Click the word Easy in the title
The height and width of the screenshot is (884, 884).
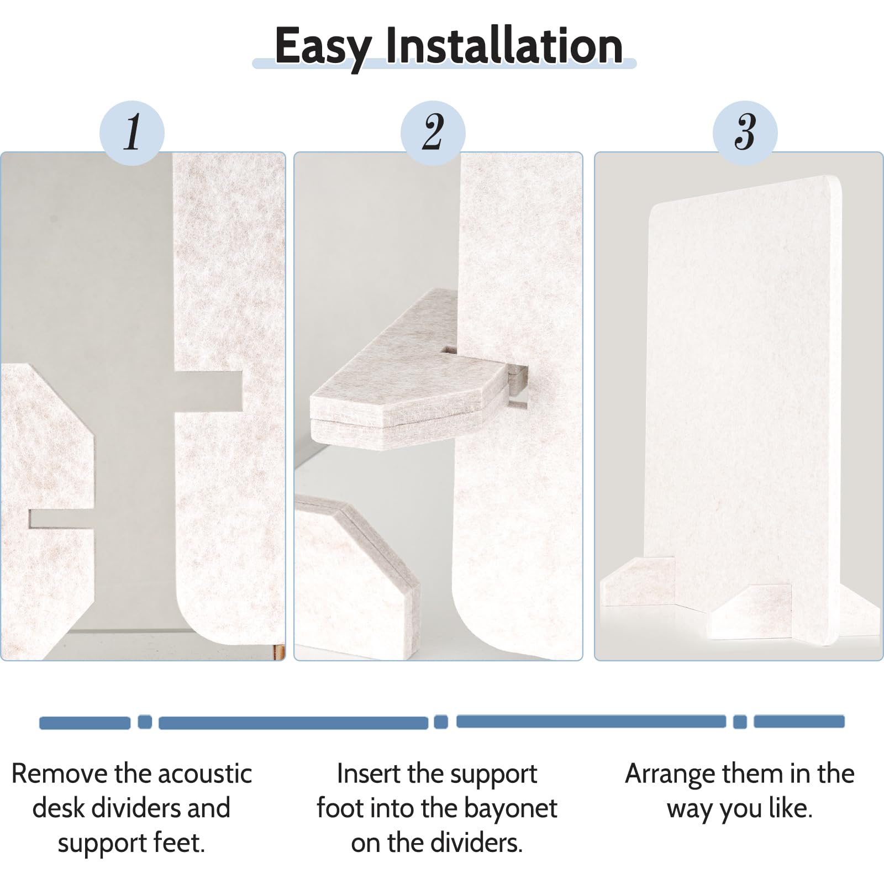pos(323,47)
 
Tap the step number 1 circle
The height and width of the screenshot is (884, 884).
pos(132,133)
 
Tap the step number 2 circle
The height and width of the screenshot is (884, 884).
pos(433,133)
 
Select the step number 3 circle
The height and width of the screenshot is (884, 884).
pos(745,133)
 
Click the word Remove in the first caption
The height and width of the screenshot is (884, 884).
pos(59,773)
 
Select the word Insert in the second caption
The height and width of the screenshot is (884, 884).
pos(366,773)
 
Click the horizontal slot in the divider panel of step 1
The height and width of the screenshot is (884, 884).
pos(209,390)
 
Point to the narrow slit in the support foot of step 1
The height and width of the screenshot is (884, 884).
pos(61,519)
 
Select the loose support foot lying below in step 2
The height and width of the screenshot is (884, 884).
pos(356,575)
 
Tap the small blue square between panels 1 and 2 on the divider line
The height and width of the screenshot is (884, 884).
pos(145,722)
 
